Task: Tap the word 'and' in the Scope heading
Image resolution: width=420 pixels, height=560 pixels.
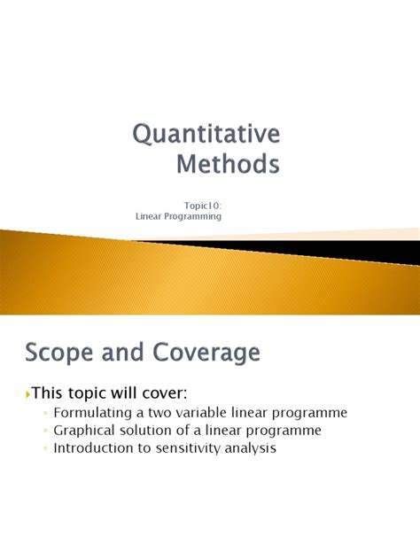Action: (x=124, y=354)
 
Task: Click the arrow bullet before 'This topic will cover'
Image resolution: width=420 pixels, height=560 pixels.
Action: (x=28, y=393)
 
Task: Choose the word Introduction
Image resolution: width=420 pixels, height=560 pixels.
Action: (x=96, y=448)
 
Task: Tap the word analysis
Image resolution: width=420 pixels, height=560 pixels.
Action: (x=253, y=448)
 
